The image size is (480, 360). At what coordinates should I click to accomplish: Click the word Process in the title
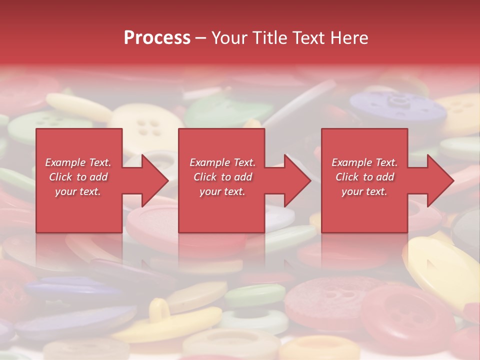pos(157,37)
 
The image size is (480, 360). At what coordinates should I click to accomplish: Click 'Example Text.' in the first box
pos(78,162)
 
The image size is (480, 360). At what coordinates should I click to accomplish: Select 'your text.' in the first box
pos(78,191)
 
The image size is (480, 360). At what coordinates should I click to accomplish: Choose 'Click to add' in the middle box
pos(222,177)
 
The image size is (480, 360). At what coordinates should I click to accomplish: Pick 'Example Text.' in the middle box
pos(222,162)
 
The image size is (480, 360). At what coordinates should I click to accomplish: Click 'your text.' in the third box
pos(364,191)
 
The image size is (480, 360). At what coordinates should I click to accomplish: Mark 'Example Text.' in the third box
pos(364,162)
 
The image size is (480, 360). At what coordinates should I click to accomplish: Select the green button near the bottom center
pos(255,295)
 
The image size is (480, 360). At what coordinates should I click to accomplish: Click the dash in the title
pos(201,37)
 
